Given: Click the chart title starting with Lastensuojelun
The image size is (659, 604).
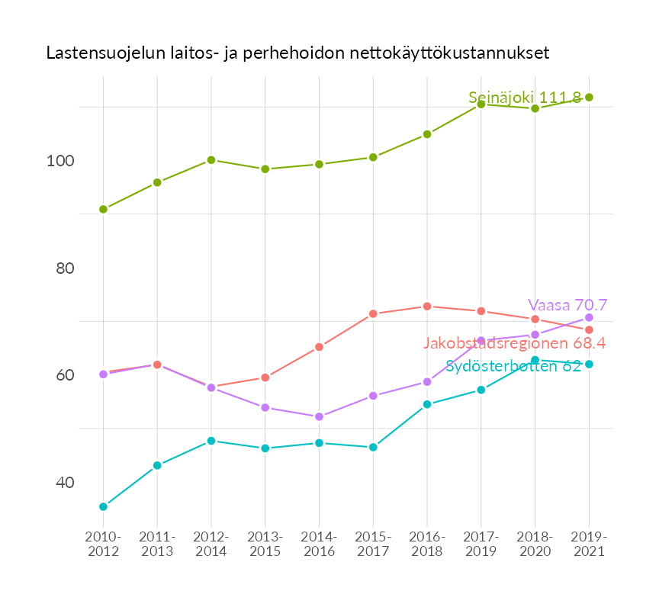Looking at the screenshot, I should (297, 53).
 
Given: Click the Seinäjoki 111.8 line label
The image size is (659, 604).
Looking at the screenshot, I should (525, 98).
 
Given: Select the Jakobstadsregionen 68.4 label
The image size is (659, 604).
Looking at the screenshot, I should (514, 343).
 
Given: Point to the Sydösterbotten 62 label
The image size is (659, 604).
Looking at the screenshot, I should (513, 366).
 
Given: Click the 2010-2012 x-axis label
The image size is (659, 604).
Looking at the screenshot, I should (103, 544).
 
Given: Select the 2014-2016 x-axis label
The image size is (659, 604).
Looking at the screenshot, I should (319, 544).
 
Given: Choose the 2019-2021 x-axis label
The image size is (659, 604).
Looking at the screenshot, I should (589, 544).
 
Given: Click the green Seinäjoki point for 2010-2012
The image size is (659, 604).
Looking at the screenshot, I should (103, 209).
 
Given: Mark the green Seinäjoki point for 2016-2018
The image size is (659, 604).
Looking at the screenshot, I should (427, 134).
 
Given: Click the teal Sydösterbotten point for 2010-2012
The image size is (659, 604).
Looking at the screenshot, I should (103, 506).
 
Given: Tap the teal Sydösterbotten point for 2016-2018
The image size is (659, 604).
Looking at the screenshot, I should (427, 404).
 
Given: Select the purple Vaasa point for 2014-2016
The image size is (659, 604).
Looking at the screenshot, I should (319, 416).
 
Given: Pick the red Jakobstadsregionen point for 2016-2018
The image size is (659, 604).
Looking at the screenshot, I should (427, 307).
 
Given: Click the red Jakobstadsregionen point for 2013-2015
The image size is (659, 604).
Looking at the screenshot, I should (265, 377).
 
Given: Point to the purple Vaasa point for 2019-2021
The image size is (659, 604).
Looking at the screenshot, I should (589, 317).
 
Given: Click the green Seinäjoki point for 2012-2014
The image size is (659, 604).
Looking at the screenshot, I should (211, 160).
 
